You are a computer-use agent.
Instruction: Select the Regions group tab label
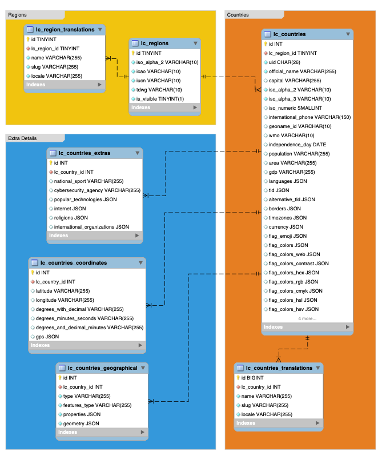coord(17,15)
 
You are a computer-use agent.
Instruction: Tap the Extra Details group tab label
coord(22,138)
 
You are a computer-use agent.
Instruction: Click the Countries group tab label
coord(238,15)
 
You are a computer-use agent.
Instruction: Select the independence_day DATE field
coord(297,145)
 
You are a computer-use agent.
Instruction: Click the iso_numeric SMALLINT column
coord(295,108)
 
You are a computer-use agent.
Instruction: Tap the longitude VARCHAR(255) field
coord(65,300)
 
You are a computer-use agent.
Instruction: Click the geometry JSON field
coord(81,424)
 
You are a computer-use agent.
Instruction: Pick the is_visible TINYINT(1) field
coord(160,99)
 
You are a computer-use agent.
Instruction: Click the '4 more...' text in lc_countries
coord(307,318)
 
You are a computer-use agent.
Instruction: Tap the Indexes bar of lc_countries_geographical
coord(102,433)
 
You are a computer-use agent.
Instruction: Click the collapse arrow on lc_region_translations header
coord(100,30)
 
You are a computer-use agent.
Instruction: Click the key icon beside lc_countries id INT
coord(266,44)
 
